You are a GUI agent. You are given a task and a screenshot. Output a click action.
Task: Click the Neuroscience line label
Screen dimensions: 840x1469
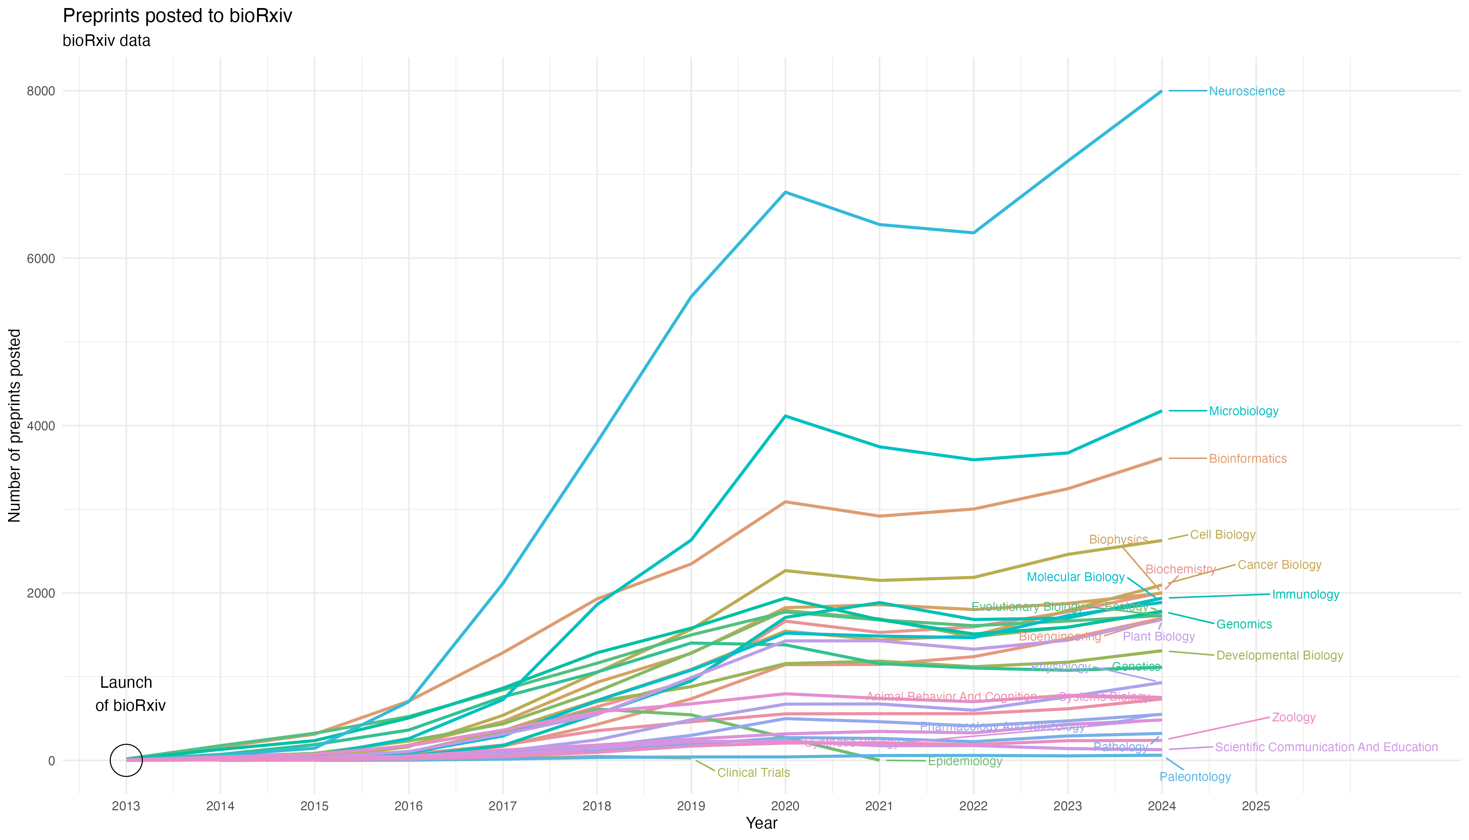pyautogui.click(x=1247, y=91)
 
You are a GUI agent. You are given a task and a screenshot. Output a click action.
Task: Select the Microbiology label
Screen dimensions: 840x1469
pyautogui.click(x=1243, y=411)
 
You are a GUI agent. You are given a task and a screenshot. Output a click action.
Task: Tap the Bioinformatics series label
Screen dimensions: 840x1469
pyautogui.click(x=1248, y=458)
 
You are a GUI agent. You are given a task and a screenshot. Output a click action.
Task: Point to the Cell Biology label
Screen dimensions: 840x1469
pyautogui.click(x=1223, y=535)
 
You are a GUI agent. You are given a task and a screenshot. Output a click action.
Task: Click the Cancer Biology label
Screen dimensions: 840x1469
pyautogui.click(x=1279, y=565)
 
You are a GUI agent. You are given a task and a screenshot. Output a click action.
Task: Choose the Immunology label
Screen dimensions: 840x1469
pyautogui.click(x=1305, y=595)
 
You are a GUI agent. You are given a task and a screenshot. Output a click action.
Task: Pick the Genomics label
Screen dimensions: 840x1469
pyautogui.click(x=1244, y=624)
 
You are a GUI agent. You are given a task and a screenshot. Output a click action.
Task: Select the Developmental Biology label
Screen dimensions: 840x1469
pyautogui.click(x=1279, y=656)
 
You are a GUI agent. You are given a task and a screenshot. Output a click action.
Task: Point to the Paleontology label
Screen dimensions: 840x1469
pyautogui.click(x=1195, y=777)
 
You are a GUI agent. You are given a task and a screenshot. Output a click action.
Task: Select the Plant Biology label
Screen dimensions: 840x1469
pyautogui.click(x=1159, y=636)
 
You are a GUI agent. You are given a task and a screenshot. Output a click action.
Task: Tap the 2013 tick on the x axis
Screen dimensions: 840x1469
pyautogui.click(x=126, y=806)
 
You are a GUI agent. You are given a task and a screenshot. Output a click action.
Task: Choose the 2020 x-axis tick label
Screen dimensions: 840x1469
pyautogui.click(x=785, y=806)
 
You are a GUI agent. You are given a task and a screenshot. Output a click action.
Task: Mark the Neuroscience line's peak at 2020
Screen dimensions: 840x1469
pyautogui.click(x=785, y=192)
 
